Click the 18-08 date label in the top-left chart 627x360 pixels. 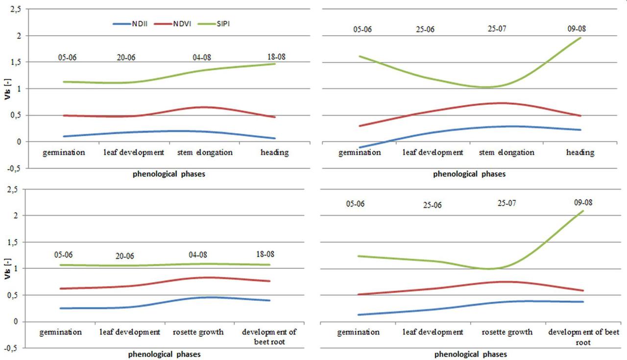[275, 57]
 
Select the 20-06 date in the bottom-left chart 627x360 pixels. [125, 256]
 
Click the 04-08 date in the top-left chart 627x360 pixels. [202, 57]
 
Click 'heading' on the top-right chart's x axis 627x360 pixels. [580, 152]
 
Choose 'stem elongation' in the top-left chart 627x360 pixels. [205, 152]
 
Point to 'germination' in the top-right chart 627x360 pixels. [360, 152]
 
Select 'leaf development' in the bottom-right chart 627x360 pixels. [433, 332]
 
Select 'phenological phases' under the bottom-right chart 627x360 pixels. [471, 354]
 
